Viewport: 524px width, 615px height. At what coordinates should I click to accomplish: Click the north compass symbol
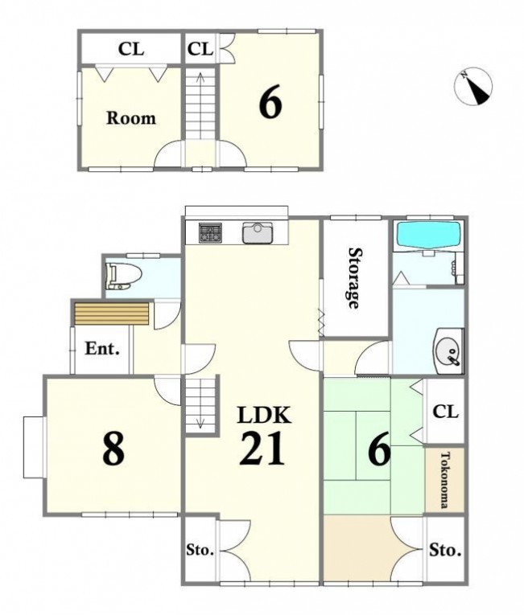(473, 86)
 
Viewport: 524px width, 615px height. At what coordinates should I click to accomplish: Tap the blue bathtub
(428, 236)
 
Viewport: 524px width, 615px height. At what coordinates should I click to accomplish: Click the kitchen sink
(258, 232)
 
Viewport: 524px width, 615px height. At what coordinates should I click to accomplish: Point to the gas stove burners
(210, 232)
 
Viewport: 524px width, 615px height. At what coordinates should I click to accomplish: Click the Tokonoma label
(444, 480)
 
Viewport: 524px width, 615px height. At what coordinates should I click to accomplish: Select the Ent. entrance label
(102, 348)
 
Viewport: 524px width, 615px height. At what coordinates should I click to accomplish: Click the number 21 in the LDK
(262, 449)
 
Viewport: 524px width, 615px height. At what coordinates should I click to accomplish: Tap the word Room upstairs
(131, 118)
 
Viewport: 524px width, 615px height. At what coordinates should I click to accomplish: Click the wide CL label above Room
(131, 49)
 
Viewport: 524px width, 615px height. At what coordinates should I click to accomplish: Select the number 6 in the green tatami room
(379, 449)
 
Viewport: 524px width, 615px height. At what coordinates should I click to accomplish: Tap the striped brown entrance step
(112, 314)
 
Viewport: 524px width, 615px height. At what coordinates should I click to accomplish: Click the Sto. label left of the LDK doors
(200, 550)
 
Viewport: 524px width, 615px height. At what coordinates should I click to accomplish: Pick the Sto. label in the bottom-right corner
(445, 550)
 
